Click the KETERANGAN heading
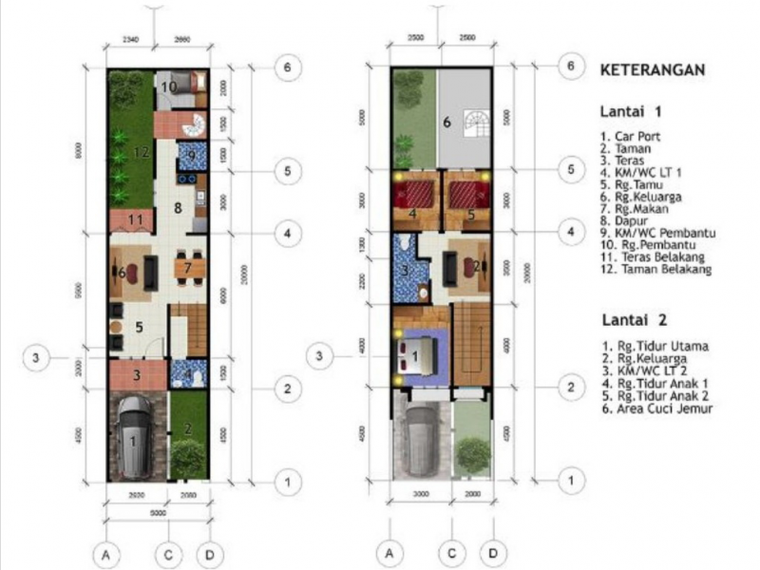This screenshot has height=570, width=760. (x=652, y=70)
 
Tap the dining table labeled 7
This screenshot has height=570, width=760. (x=189, y=269)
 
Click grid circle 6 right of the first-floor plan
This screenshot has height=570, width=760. (x=289, y=67)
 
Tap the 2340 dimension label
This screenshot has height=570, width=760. (x=131, y=40)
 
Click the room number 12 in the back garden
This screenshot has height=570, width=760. (x=142, y=151)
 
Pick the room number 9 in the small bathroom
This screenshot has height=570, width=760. (x=190, y=155)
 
